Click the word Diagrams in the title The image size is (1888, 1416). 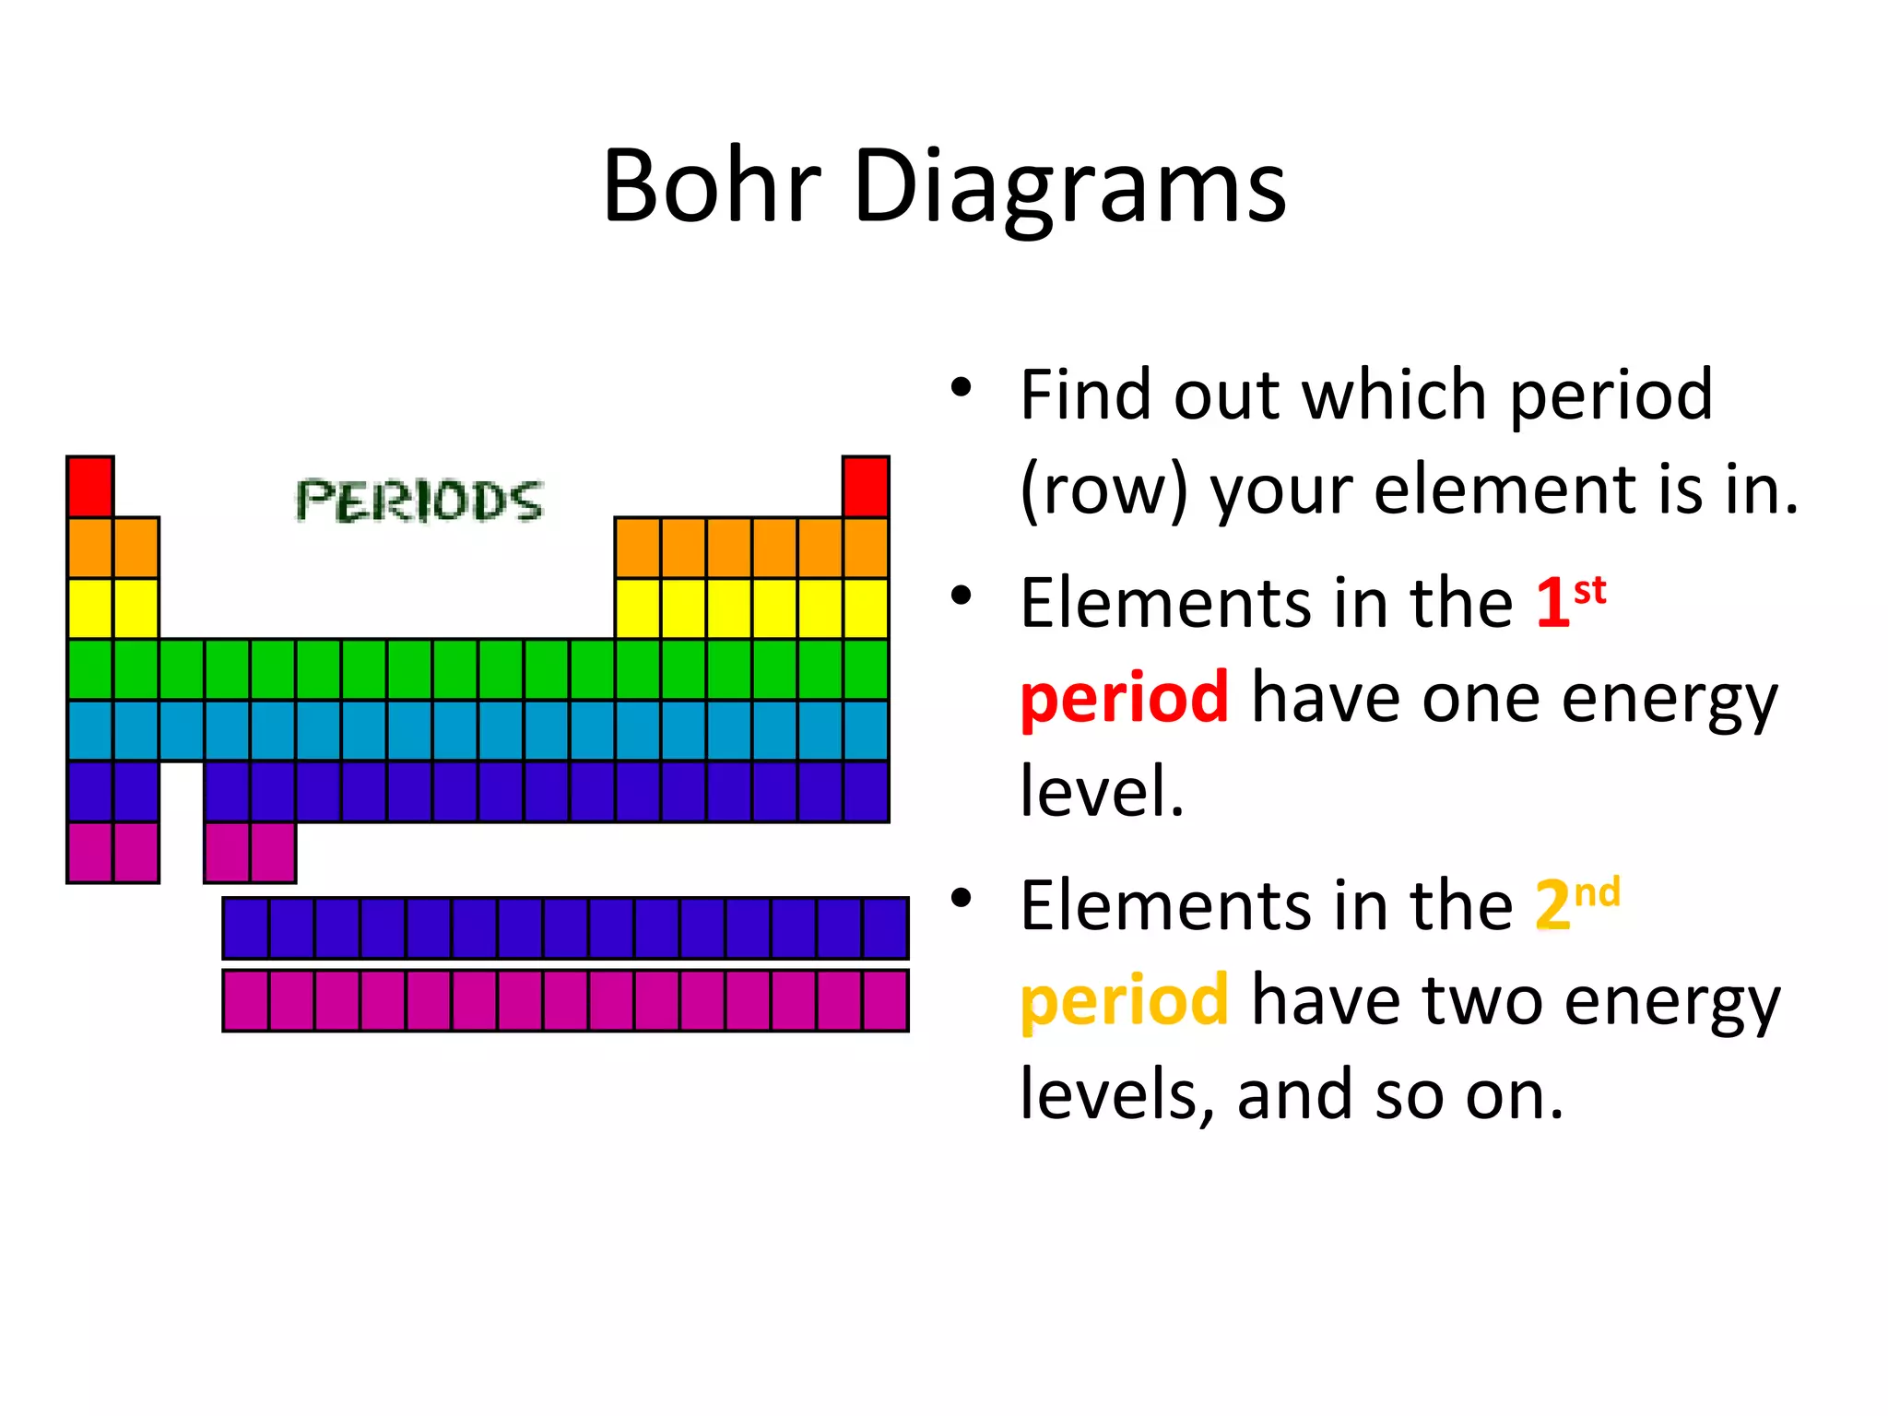point(1069,189)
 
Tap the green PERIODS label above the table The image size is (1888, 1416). point(419,501)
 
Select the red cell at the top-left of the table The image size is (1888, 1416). point(90,486)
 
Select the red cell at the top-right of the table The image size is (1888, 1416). point(866,486)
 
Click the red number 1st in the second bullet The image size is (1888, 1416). point(1570,601)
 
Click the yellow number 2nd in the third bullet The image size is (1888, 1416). point(1575,903)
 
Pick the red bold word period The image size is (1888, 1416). point(1124,698)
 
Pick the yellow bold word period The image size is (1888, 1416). point(1124,1000)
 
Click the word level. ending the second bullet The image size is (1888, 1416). point(1102,791)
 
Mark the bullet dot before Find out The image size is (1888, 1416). point(962,387)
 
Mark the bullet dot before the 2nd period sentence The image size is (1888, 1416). point(962,897)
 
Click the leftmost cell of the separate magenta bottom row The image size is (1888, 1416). point(246,1000)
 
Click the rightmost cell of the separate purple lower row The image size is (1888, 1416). point(885,928)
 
